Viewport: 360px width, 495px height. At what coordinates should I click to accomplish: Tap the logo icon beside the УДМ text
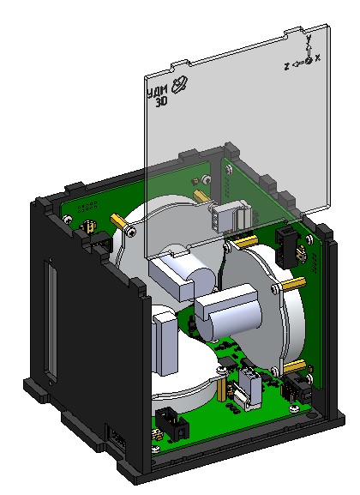coord(178,83)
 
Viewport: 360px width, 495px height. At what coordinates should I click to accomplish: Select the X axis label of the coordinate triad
coord(318,57)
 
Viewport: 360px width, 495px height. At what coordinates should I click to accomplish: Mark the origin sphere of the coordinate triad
coord(308,63)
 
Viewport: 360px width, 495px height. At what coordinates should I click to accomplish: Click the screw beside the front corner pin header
coord(154,444)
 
